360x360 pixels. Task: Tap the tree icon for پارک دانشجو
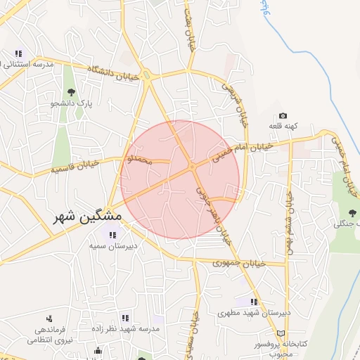point(70,92)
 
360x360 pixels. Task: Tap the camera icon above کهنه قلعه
point(283,116)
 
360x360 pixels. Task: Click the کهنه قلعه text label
point(283,127)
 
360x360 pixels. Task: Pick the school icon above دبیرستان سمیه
point(112,235)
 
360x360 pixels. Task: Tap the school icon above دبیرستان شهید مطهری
point(254,302)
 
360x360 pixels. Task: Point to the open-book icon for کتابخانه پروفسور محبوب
point(281,333)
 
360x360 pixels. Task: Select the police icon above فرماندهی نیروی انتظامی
point(49,319)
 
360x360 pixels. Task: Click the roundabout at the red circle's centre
point(192,167)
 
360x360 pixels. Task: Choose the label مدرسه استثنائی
point(28,65)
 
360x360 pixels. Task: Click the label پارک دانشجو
point(71,103)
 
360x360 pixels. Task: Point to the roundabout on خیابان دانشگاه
point(148,76)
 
